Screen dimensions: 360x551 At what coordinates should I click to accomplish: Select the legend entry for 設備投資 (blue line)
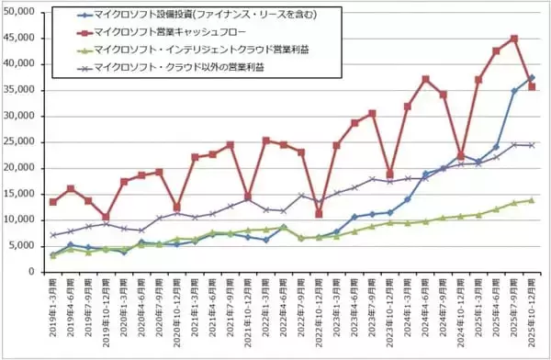(x=197, y=16)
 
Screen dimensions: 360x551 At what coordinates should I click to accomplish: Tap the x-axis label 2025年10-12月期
(x=531, y=315)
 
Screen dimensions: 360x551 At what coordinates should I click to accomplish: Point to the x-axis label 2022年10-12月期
(x=318, y=315)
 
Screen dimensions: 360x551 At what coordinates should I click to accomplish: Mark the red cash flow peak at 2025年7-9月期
(x=513, y=39)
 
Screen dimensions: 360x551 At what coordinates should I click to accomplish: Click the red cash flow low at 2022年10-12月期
(x=319, y=214)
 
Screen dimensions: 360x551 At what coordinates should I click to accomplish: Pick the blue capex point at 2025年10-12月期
(x=531, y=78)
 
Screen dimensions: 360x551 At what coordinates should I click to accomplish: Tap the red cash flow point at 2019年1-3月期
(x=52, y=202)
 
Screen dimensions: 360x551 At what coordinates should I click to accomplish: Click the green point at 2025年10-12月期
(x=531, y=200)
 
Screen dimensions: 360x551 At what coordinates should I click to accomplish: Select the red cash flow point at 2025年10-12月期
(x=531, y=86)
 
